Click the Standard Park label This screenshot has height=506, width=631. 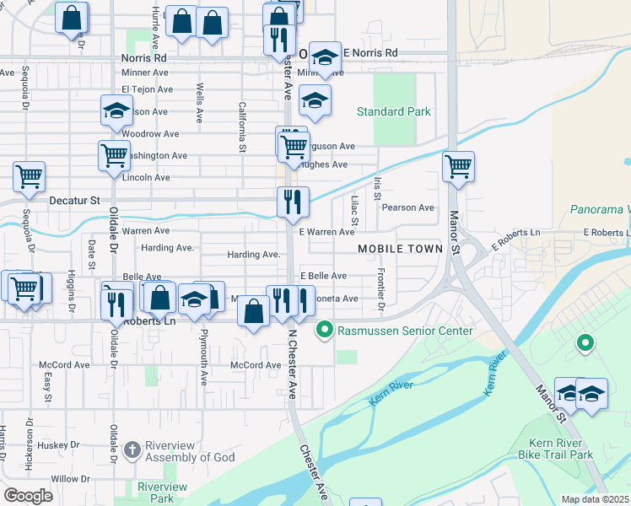(x=393, y=111)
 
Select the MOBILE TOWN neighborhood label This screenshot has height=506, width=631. (x=400, y=249)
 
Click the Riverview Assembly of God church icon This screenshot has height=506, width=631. (x=132, y=450)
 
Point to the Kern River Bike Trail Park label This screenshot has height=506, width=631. (x=561, y=449)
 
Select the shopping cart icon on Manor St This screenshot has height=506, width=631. (x=458, y=165)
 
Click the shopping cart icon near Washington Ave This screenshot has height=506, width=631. (x=113, y=154)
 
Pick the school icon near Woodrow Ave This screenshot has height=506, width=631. (x=117, y=110)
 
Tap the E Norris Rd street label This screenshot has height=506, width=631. (x=369, y=52)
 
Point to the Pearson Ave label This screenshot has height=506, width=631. (x=407, y=207)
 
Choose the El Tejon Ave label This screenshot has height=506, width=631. (x=146, y=89)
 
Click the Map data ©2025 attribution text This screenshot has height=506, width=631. (x=595, y=499)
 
